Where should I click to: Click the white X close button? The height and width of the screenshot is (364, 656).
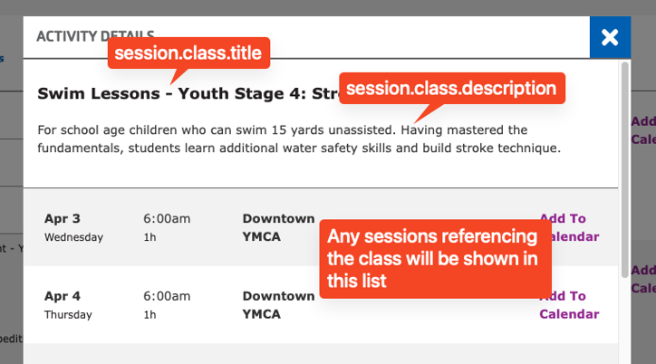610,37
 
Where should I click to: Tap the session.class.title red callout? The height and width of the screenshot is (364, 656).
188,54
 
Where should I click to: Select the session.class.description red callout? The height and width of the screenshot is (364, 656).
450,89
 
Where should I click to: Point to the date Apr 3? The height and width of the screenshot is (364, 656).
63,218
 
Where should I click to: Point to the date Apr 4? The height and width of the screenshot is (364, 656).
63,296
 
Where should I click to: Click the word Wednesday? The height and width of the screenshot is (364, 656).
73,237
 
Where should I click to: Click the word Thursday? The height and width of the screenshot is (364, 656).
68,315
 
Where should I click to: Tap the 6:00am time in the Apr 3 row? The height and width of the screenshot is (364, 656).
167,218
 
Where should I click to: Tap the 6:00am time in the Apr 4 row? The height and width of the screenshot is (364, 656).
167,296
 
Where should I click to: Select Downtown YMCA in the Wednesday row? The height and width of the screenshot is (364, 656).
278,227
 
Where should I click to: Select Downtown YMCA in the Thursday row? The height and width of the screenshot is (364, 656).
278,305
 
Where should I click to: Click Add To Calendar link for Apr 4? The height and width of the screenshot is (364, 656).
569,305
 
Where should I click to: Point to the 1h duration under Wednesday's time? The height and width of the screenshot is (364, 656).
150,237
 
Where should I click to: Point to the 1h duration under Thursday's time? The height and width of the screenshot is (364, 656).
150,315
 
